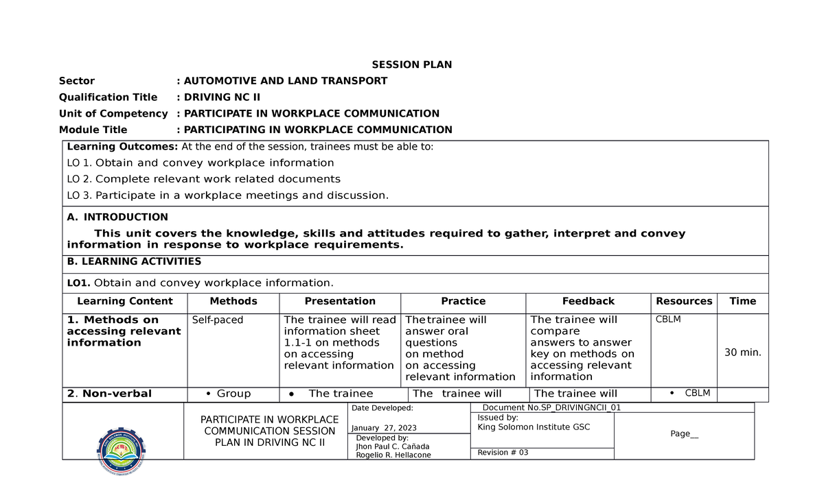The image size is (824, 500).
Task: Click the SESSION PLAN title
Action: click(x=412, y=65)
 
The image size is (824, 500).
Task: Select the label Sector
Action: click(x=77, y=81)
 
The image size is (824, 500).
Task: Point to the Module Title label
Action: click(x=93, y=130)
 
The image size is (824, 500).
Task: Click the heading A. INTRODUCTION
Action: click(x=117, y=217)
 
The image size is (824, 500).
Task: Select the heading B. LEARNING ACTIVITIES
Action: click(x=134, y=261)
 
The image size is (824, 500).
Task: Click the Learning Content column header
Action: click(x=125, y=301)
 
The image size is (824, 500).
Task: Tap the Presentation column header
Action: click(x=340, y=301)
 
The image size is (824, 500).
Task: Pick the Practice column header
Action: click(x=463, y=301)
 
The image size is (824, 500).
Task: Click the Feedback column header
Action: click(x=588, y=301)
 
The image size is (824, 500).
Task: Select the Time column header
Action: click(x=743, y=301)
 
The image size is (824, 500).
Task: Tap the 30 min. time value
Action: click(x=743, y=353)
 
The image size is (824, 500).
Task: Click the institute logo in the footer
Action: click(x=122, y=451)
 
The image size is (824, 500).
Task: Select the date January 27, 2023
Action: click(x=384, y=429)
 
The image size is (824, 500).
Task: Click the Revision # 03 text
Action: click(x=503, y=453)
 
